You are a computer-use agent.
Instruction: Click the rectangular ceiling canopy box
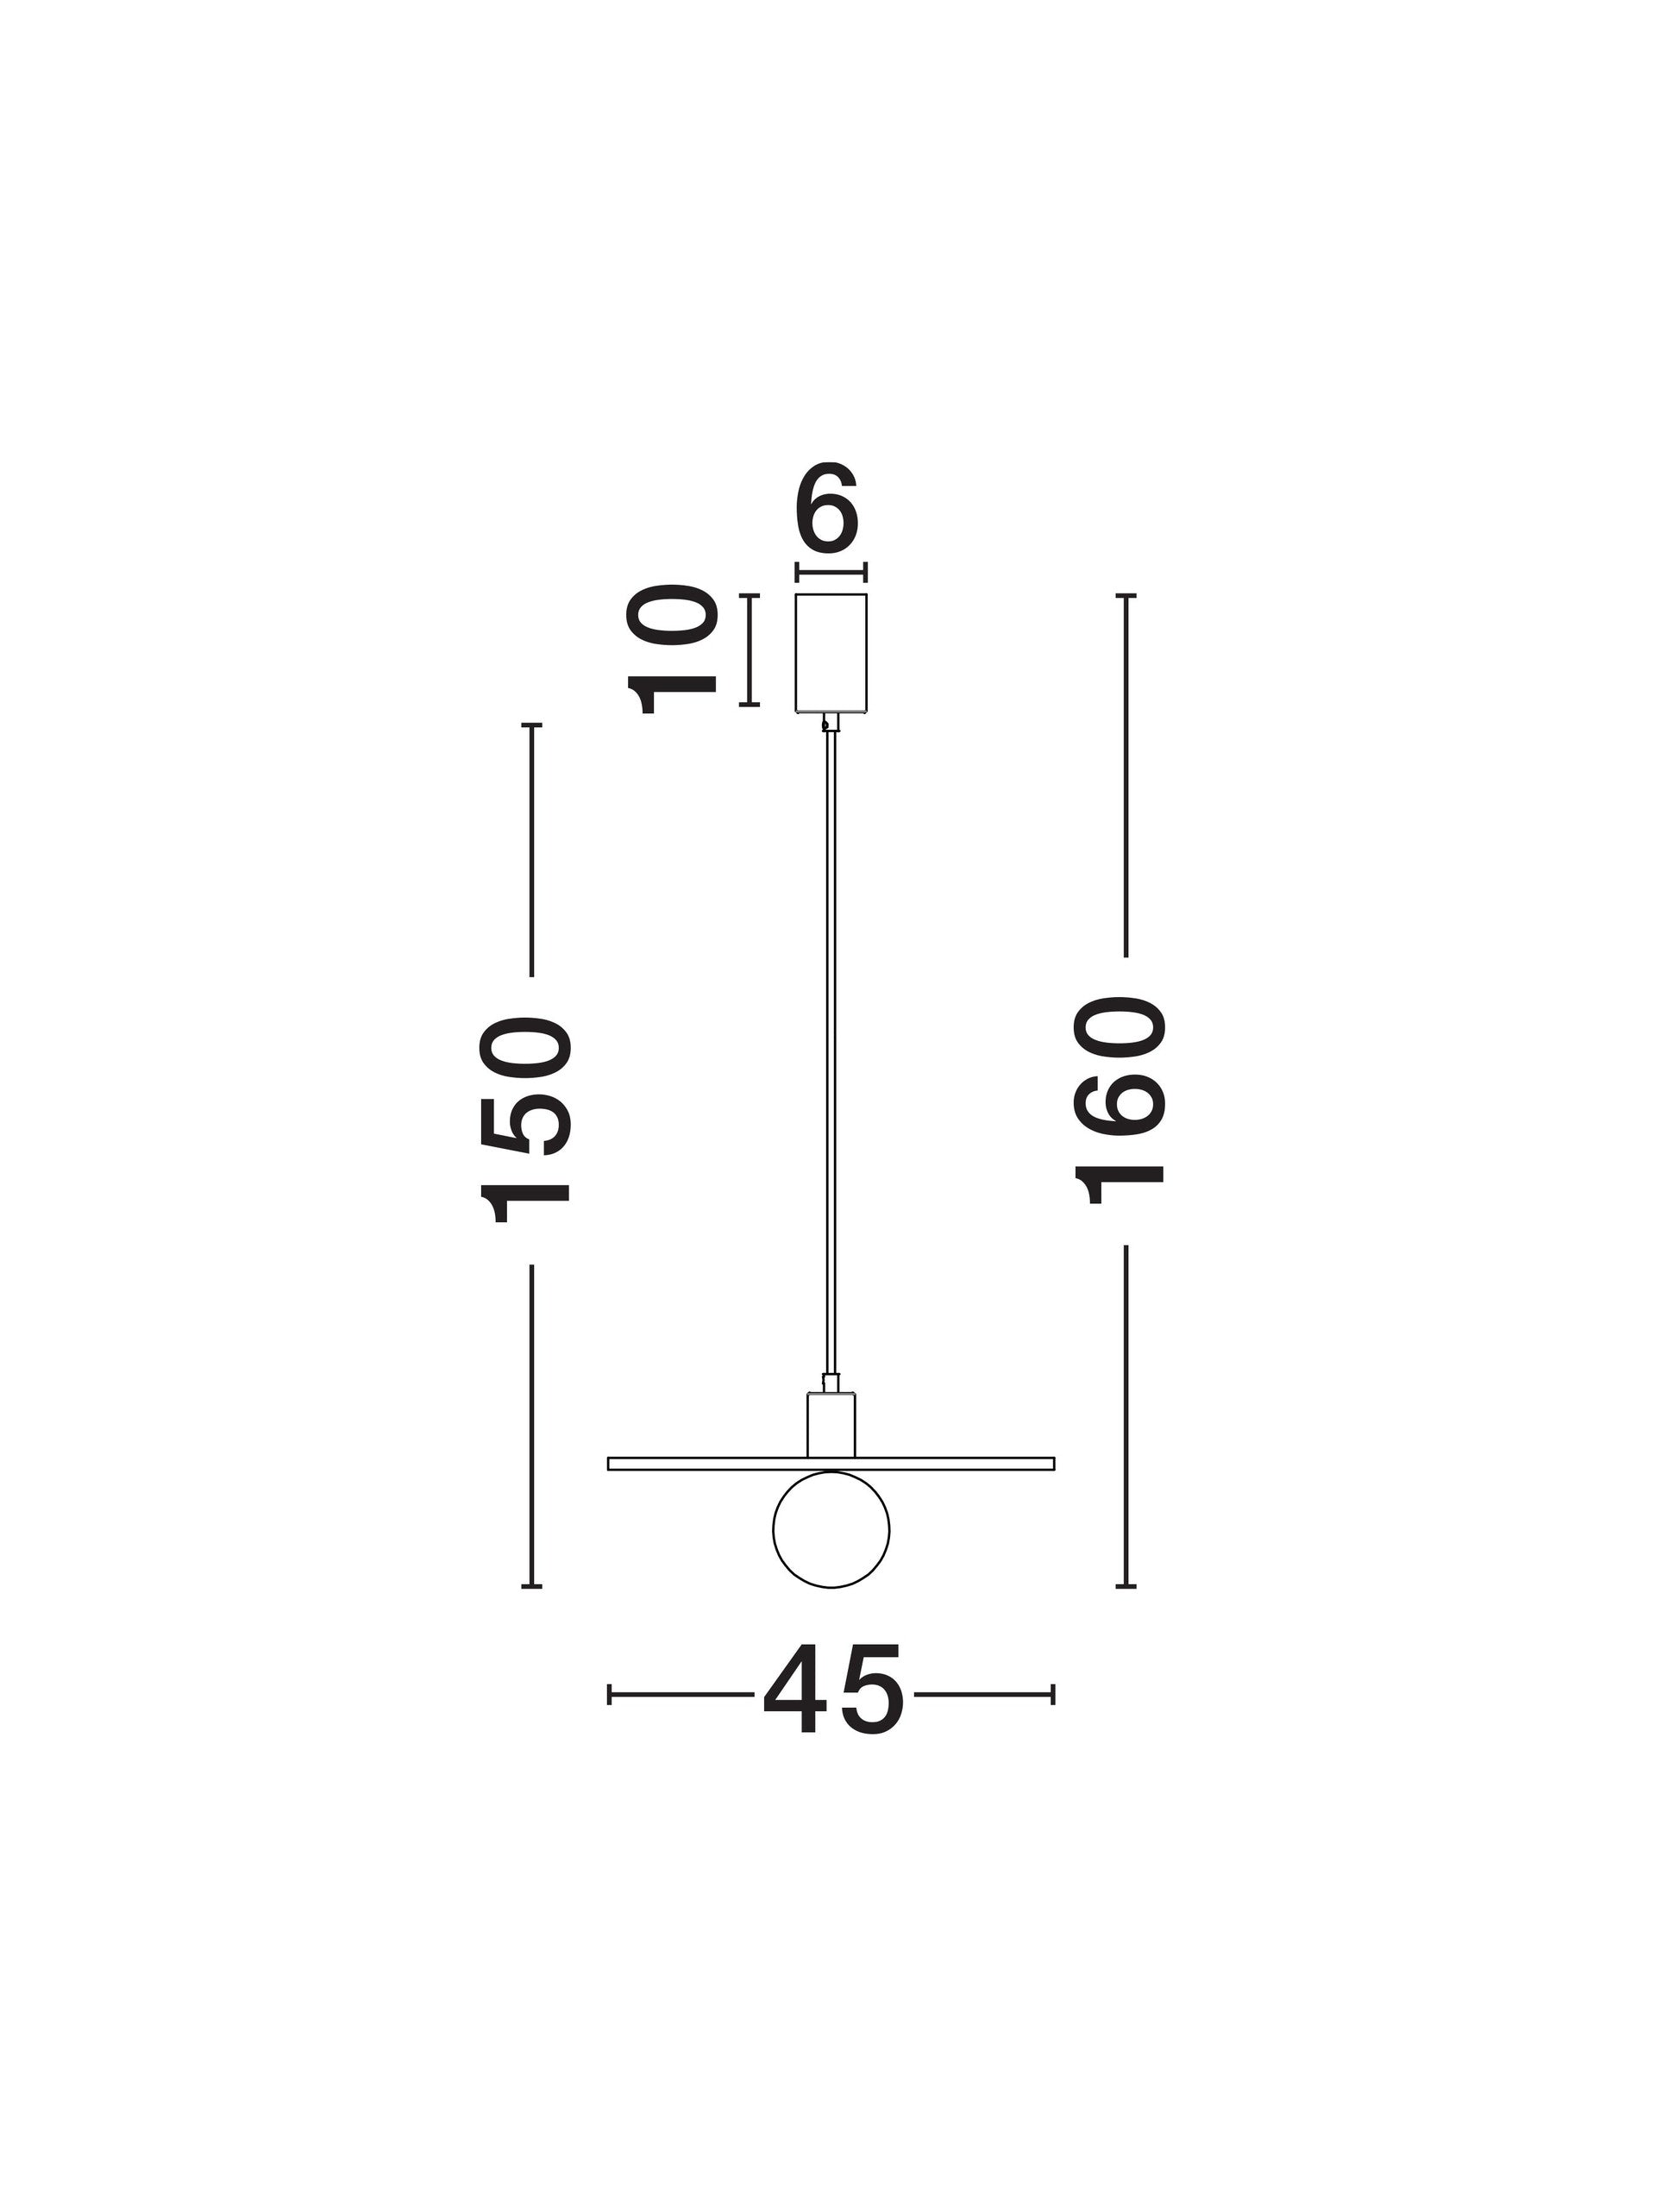pyautogui.click(x=831, y=653)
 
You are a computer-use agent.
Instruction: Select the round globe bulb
pyautogui.click(x=831, y=1528)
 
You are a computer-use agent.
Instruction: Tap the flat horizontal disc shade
pyautogui.click(x=831, y=1464)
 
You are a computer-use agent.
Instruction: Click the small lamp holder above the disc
pyautogui.click(x=831, y=1425)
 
